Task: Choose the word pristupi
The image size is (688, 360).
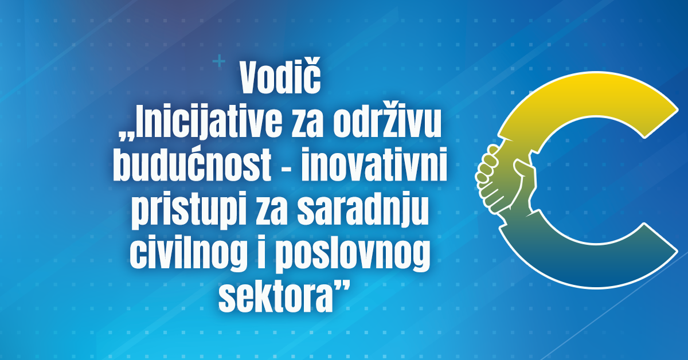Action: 190,212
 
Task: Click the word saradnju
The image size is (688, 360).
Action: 362,212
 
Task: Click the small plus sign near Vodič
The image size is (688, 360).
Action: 219,61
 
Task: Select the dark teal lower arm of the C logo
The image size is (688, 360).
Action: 584,264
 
